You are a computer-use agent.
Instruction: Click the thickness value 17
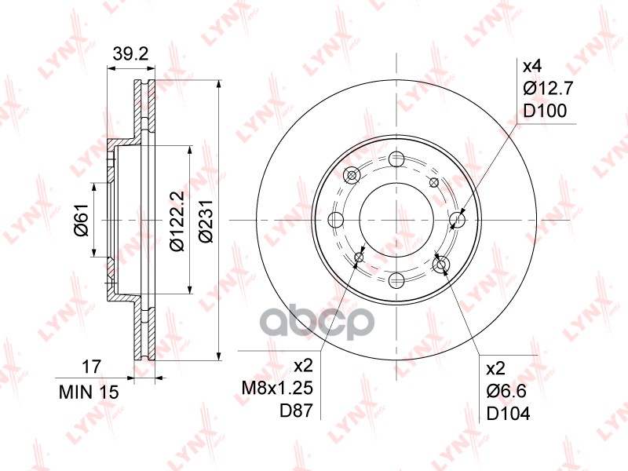coord(92,365)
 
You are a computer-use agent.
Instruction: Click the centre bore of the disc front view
coord(396,220)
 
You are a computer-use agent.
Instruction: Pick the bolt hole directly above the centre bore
coord(396,159)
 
